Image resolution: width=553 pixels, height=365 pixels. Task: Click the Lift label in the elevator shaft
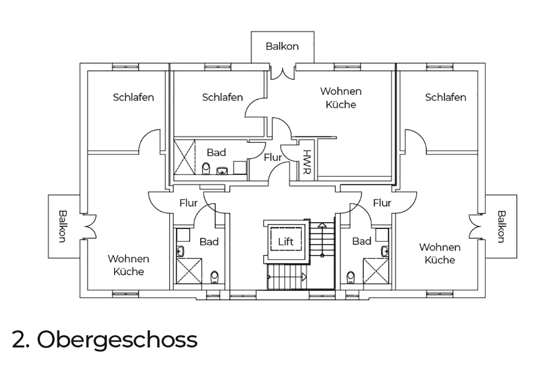pos(286,241)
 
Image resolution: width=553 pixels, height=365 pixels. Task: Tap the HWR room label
pos(307,162)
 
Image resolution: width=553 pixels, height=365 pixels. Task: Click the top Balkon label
pos(282,46)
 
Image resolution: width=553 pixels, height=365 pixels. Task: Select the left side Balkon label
pos(63,226)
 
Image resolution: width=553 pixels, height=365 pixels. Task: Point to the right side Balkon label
pos(501,227)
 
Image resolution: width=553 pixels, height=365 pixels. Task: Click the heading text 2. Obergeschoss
pos(105,339)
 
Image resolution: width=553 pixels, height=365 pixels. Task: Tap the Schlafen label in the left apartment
pos(133,97)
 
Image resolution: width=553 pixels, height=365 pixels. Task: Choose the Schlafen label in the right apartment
pos(446,97)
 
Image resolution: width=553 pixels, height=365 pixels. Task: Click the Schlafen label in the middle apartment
pos(223,97)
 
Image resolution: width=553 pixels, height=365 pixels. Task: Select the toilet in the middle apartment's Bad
pos(206,168)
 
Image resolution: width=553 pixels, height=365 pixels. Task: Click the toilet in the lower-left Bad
pos(214,277)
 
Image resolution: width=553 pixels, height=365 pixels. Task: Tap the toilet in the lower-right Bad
pos(351,277)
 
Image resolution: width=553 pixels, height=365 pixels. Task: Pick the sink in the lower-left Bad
pos(180,251)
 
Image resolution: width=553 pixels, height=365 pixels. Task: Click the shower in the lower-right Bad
pos(376,271)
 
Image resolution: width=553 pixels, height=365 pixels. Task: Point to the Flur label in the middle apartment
pos(273,157)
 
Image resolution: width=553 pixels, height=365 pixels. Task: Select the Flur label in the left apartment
pos(188,203)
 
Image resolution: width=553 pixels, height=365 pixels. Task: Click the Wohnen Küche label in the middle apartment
pos(341,98)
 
